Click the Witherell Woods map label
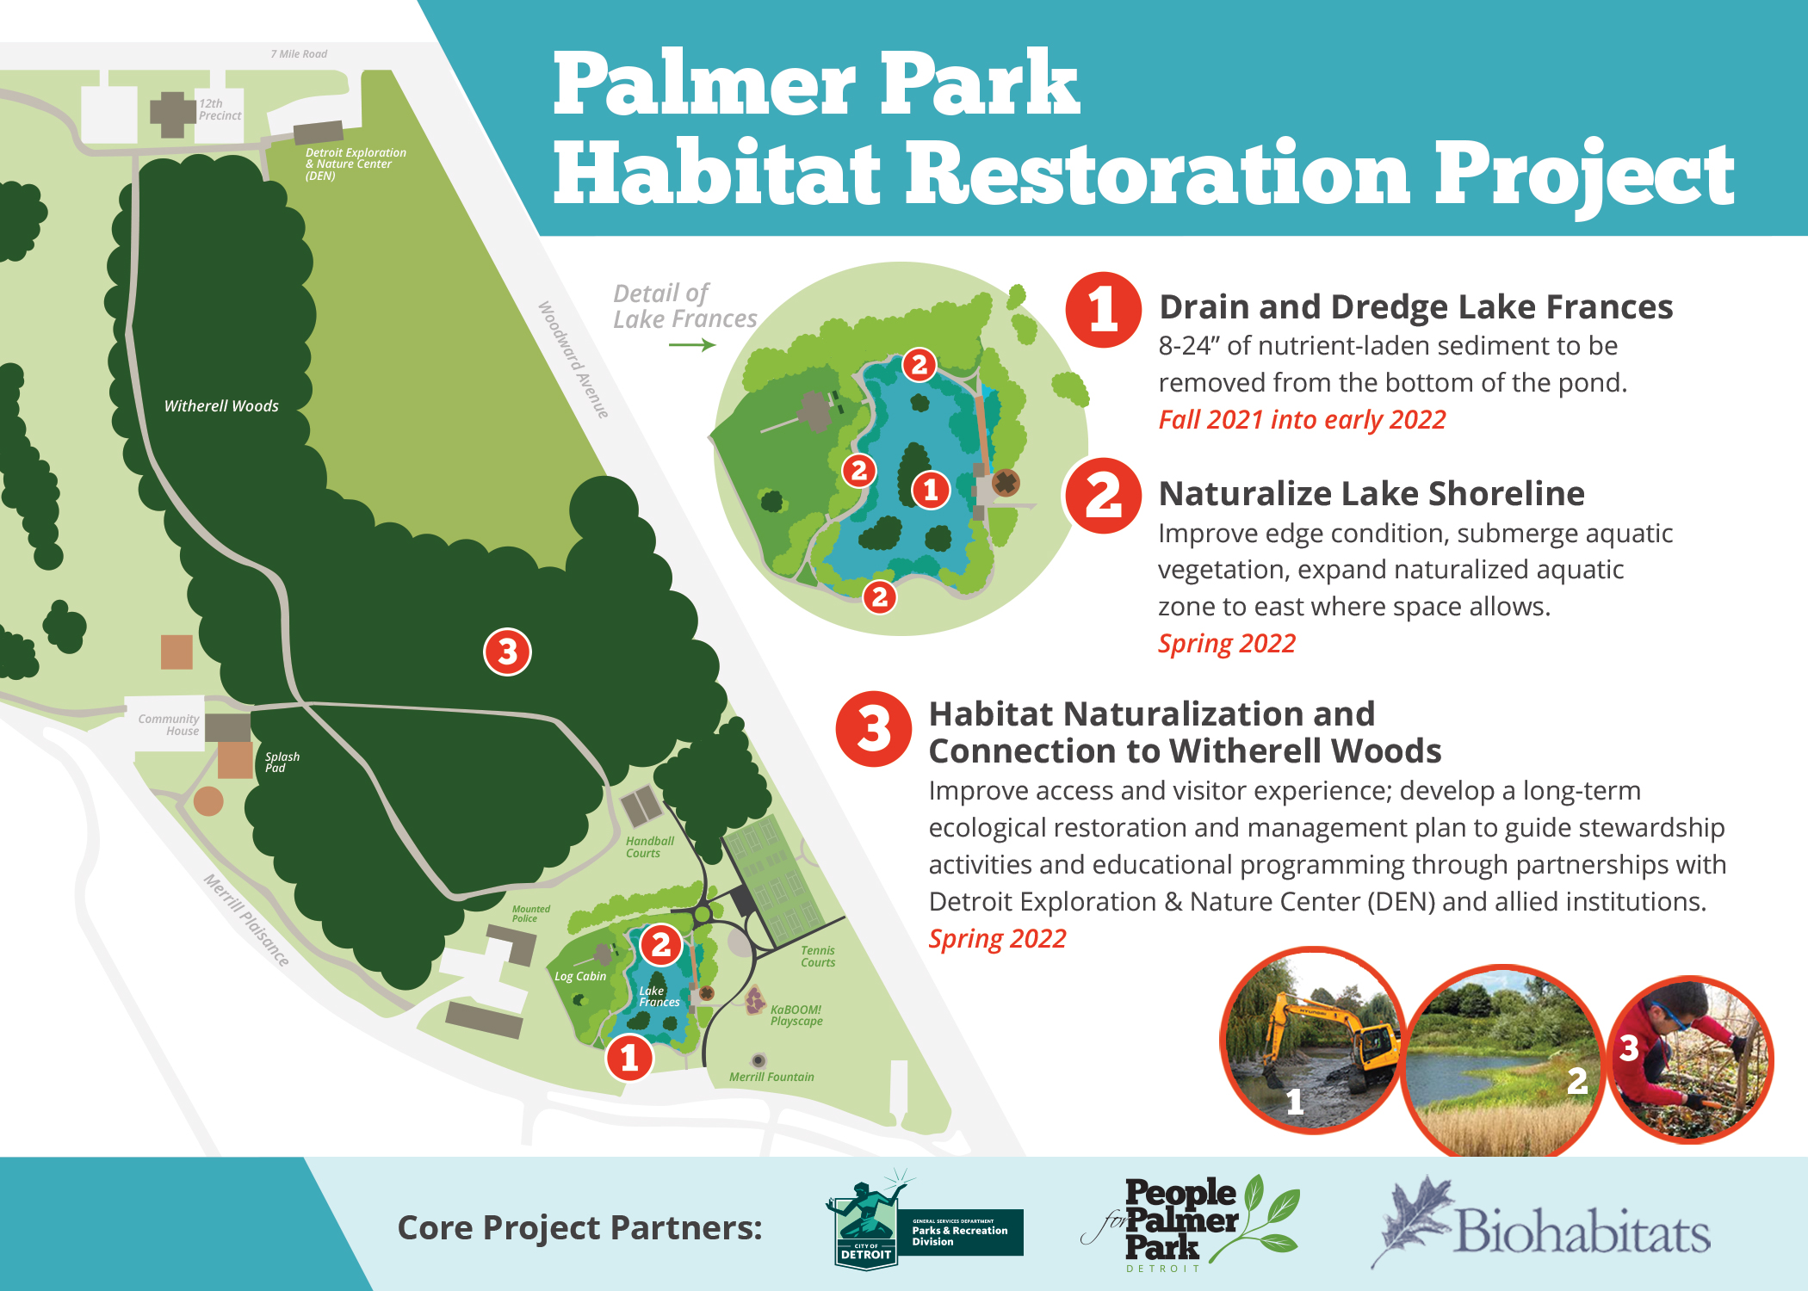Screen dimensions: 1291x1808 (x=221, y=405)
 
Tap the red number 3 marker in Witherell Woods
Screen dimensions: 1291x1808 (x=507, y=652)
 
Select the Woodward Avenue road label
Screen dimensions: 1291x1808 (x=573, y=360)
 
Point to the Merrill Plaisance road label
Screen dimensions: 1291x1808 (x=246, y=920)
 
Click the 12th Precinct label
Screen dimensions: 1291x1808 (x=220, y=109)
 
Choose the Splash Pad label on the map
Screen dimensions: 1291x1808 (x=282, y=763)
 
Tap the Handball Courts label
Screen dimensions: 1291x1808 (x=649, y=847)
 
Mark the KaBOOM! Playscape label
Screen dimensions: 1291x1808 (x=796, y=1016)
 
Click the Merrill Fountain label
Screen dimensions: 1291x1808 (x=771, y=1077)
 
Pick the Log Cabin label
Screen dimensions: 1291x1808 (x=580, y=976)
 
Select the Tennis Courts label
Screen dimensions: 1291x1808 (x=818, y=956)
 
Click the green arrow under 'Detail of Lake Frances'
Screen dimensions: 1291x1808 (x=692, y=345)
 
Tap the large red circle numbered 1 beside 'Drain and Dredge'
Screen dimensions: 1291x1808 (x=1103, y=310)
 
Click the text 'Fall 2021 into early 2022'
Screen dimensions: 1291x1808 (x=1302, y=420)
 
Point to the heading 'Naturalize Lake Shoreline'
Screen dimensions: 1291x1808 (x=1371, y=493)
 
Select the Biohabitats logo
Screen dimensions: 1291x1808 (x=1541, y=1226)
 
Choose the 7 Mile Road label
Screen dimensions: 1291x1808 (x=299, y=54)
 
